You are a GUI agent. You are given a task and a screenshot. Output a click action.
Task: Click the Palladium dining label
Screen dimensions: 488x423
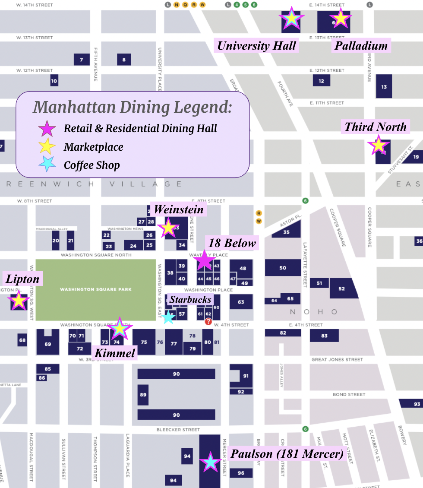(361, 45)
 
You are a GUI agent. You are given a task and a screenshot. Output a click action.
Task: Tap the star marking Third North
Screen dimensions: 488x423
(378, 146)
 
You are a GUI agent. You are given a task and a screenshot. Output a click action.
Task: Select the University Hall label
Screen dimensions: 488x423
(256, 45)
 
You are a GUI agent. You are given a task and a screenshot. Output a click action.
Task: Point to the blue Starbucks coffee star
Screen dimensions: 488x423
(168, 317)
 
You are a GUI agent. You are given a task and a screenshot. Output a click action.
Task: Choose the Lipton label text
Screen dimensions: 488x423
(22, 279)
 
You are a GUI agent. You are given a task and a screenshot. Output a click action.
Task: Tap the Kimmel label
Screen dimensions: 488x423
(115, 353)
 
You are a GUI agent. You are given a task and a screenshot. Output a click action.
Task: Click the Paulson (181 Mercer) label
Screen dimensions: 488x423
(287, 454)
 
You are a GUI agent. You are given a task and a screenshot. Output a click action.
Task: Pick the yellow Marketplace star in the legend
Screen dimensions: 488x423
(47, 147)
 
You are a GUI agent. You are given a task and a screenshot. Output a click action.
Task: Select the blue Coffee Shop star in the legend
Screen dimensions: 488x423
(47, 164)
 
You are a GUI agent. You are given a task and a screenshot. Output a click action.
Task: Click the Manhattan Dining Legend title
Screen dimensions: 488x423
(133, 107)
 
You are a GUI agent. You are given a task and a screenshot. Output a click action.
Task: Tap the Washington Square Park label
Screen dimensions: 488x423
(95, 289)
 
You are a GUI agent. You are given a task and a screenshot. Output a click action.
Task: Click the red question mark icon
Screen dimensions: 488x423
(208, 321)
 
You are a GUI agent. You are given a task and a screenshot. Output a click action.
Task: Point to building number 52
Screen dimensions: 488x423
(342, 288)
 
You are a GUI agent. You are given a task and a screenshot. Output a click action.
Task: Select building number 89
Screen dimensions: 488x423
(143, 395)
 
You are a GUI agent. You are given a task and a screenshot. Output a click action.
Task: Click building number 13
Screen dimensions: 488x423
(384, 87)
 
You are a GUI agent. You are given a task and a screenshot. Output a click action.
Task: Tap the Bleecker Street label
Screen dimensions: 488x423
(179, 430)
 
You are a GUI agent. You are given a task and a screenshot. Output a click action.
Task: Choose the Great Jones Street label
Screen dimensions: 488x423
(337, 359)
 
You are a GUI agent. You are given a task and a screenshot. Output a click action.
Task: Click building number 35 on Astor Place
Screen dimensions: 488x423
(286, 232)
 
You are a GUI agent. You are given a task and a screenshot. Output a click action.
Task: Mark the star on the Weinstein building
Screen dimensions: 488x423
(167, 228)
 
